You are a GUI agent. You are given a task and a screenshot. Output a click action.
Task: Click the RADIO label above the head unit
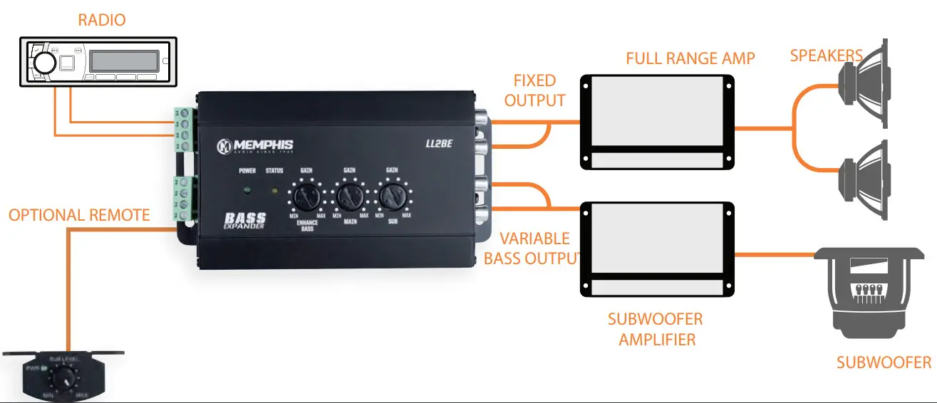102,20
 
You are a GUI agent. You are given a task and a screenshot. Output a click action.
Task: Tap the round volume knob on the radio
43,63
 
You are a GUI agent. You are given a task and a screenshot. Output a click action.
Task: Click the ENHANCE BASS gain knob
306,195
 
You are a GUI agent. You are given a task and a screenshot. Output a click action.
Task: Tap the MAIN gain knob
349,195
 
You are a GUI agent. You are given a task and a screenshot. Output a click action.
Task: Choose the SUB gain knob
391,194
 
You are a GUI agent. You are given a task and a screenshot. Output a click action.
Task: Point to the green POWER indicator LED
247,190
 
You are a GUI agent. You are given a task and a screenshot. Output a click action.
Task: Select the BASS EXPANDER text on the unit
245,220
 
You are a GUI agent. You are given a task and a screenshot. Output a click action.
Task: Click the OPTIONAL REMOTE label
79,215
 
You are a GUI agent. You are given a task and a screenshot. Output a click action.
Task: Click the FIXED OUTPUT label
534,90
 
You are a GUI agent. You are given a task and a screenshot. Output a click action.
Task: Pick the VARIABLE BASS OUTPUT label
532,248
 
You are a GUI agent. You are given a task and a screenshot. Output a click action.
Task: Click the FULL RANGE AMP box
657,121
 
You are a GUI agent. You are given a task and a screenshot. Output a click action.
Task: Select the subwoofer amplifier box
657,248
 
